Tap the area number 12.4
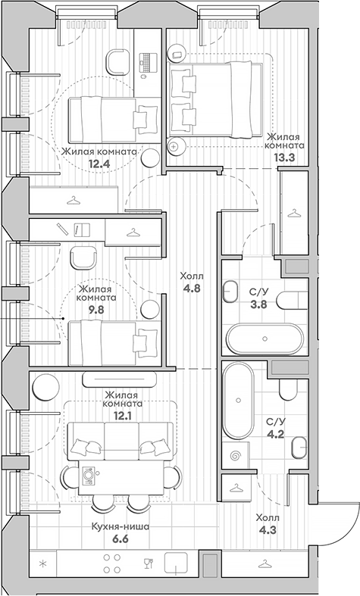click(99, 164)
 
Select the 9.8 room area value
click(96, 310)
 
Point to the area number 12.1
click(123, 416)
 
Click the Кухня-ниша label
click(121, 526)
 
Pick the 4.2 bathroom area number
click(276, 434)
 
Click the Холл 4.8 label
click(192, 282)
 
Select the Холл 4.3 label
click(268, 523)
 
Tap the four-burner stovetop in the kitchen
click(111, 563)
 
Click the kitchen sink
click(176, 563)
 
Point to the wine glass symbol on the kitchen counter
click(149, 563)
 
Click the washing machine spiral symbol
click(236, 454)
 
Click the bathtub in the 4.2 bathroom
click(238, 400)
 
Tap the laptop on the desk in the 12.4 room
click(148, 62)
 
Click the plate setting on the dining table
click(89, 474)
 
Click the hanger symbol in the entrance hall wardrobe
click(265, 563)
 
